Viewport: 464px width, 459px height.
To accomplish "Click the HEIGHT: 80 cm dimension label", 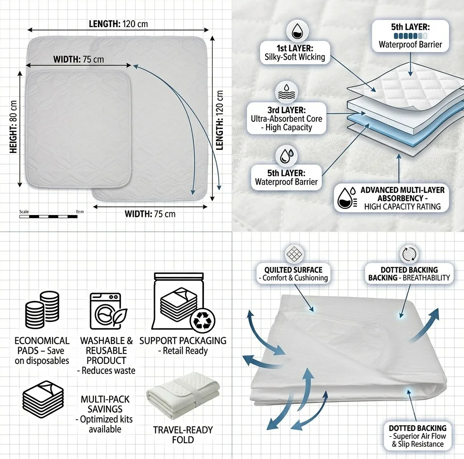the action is pyautogui.click(x=13, y=127).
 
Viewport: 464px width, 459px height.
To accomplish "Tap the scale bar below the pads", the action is pyautogui.click(x=48, y=217).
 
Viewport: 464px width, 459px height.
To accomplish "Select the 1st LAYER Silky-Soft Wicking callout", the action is pyautogui.click(x=295, y=53).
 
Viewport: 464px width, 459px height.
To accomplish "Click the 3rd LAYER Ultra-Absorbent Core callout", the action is pyautogui.click(x=286, y=119).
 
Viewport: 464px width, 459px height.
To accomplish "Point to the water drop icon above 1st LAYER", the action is pyautogui.click(x=297, y=31).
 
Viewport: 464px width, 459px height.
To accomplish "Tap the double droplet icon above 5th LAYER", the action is pyautogui.click(x=286, y=156).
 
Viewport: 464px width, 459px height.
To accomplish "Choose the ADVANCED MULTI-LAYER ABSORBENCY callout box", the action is pyautogui.click(x=391, y=198).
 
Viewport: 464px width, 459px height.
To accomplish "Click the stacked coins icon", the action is pyautogui.click(x=42, y=310).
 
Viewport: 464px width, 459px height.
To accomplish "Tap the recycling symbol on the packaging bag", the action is pyautogui.click(x=203, y=320).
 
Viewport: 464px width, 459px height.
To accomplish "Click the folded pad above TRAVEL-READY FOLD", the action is pyautogui.click(x=183, y=396).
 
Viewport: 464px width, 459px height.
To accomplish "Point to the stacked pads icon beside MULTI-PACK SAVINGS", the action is pyautogui.click(x=43, y=399).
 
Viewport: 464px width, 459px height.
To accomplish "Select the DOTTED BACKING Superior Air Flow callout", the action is pyautogui.click(x=417, y=436).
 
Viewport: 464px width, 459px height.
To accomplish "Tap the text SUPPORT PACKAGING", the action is pyautogui.click(x=183, y=341).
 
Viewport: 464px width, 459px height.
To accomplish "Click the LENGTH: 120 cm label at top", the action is pyautogui.click(x=118, y=24).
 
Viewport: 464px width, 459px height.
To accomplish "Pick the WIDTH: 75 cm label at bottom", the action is pyautogui.click(x=150, y=214).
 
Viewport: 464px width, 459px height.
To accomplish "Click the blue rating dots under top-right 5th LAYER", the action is pyautogui.click(x=411, y=36).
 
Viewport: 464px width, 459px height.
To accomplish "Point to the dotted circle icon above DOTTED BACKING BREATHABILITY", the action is pyautogui.click(x=409, y=253).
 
